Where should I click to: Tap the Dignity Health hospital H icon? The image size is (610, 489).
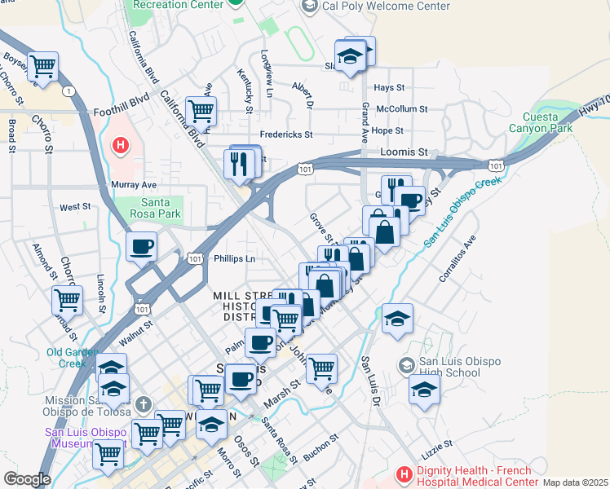(404, 474)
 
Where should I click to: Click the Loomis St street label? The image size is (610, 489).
(404, 152)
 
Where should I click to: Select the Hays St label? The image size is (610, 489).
(389, 87)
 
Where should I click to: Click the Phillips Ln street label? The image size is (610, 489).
(235, 259)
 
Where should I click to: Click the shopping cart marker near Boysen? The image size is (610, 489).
(42, 65)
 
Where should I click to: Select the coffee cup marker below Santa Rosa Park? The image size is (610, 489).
(141, 246)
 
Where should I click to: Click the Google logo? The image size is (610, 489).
(26, 479)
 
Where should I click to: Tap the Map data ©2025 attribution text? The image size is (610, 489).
(575, 482)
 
